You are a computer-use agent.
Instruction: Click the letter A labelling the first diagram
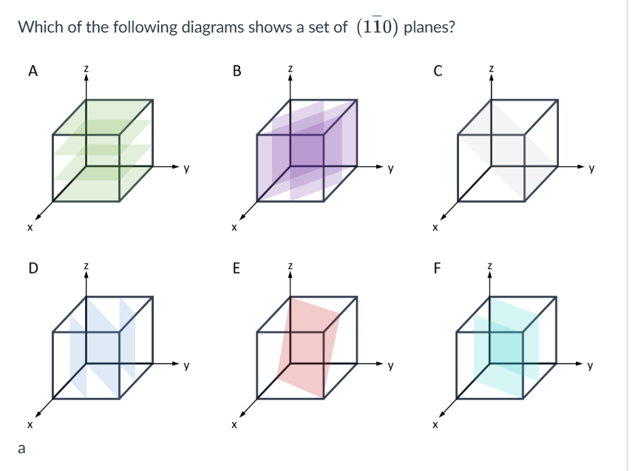pos(32,72)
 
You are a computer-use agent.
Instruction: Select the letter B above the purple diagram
pos(237,72)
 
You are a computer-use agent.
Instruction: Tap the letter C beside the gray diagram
pos(438,72)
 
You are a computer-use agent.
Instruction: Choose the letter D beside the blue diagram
pos(32,268)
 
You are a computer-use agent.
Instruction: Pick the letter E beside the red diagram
pos(237,268)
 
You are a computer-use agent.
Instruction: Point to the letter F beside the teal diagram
pos(438,268)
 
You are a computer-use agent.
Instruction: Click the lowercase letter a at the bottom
pos(22,447)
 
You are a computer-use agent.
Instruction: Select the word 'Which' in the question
pos(37,28)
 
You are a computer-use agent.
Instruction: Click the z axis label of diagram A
pos(86,70)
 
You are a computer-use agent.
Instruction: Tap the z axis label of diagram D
pos(86,266)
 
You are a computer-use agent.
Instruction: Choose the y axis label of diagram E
pos(392,365)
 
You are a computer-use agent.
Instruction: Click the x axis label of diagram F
pos(435,425)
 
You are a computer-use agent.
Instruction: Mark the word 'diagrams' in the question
pos(212,28)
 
